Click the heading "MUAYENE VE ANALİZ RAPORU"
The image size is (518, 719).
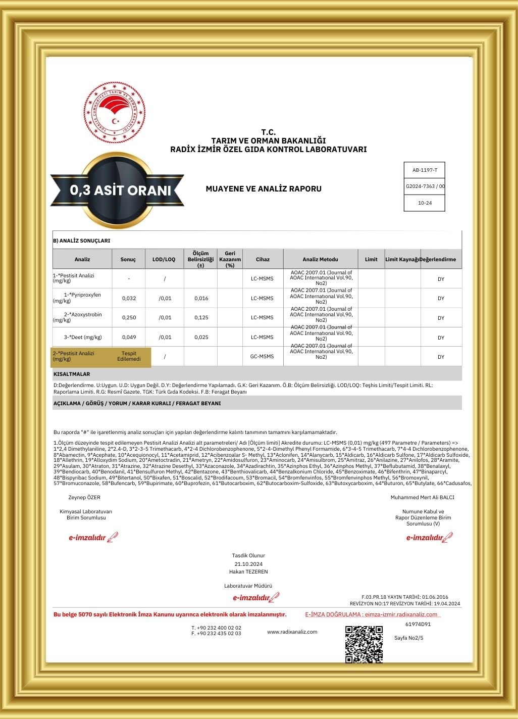pos(264,189)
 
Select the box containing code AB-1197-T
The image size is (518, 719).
pos(425,170)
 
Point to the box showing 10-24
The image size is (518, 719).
pos(425,203)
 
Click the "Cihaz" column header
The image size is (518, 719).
pos(263,259)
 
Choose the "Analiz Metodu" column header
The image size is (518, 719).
pos(321,259)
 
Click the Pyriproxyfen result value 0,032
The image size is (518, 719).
pos(129,298)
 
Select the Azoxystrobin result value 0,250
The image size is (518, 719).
pos(129,317)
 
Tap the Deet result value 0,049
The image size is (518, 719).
pos(129,337)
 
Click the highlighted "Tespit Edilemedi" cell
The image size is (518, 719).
pos(129,356)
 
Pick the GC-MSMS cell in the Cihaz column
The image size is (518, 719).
pos(262,356)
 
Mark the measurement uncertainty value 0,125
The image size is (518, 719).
pos(201,317)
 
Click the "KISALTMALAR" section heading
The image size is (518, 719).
pos(72,374)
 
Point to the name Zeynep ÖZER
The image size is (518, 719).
pos(84,497)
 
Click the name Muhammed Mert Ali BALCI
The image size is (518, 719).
pos(422,497)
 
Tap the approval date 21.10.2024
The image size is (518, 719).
pos(248,564)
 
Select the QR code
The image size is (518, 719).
pos(364,644)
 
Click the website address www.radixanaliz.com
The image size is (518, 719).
pos(292,632)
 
